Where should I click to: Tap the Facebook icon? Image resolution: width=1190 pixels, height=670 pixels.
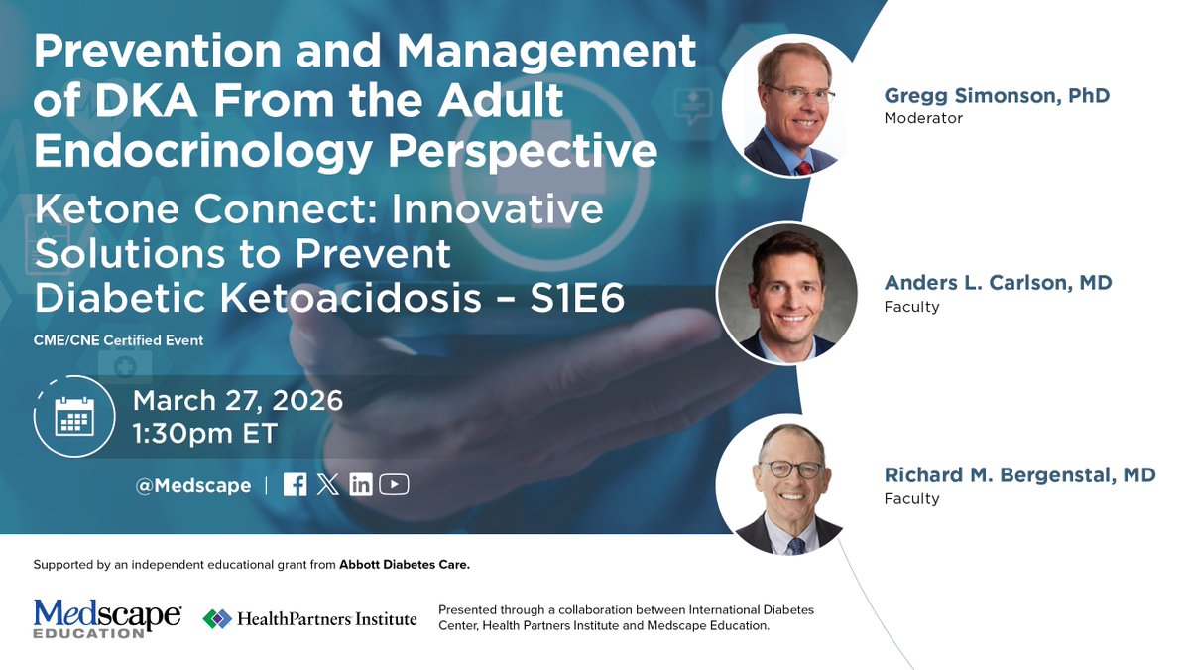(x=295, y=485)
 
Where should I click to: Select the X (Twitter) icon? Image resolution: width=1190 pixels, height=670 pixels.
(x=328, y=485)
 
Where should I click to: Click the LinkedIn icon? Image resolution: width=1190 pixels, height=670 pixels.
(x=361, y=485)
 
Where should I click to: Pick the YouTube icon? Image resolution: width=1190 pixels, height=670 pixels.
(x=394, y=485)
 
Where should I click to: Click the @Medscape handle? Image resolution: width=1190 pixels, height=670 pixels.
(x=193, y=486)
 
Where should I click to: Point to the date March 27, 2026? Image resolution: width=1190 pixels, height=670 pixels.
(x=238, y=401)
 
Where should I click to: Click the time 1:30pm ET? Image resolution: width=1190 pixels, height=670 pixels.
(x=205, y=434)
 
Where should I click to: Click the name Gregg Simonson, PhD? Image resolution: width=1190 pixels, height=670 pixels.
(x=997, y=96)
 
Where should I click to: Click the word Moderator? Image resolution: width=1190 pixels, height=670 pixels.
(x=923, y=118)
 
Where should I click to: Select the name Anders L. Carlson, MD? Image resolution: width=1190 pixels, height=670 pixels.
(x=998, y=283)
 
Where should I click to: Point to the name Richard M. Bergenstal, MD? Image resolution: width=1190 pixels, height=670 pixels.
(x=1019, y=475)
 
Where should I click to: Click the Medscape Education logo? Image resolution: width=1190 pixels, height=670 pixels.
(x=107, y=618)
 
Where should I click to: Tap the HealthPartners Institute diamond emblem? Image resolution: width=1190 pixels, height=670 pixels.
(x=216, y=619)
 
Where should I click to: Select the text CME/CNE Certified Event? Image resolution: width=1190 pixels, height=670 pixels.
(x=119, y=340)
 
